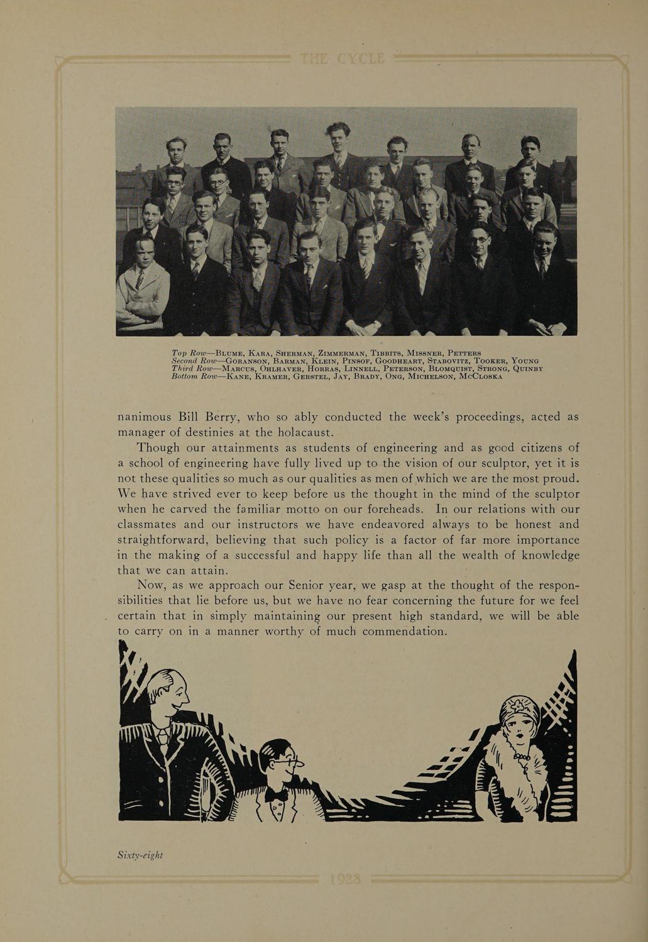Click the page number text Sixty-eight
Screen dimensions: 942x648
(x=140, y=855)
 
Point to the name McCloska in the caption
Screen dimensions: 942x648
(x=481, y=376)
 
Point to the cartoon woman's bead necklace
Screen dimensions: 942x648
(x=521, y=755)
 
